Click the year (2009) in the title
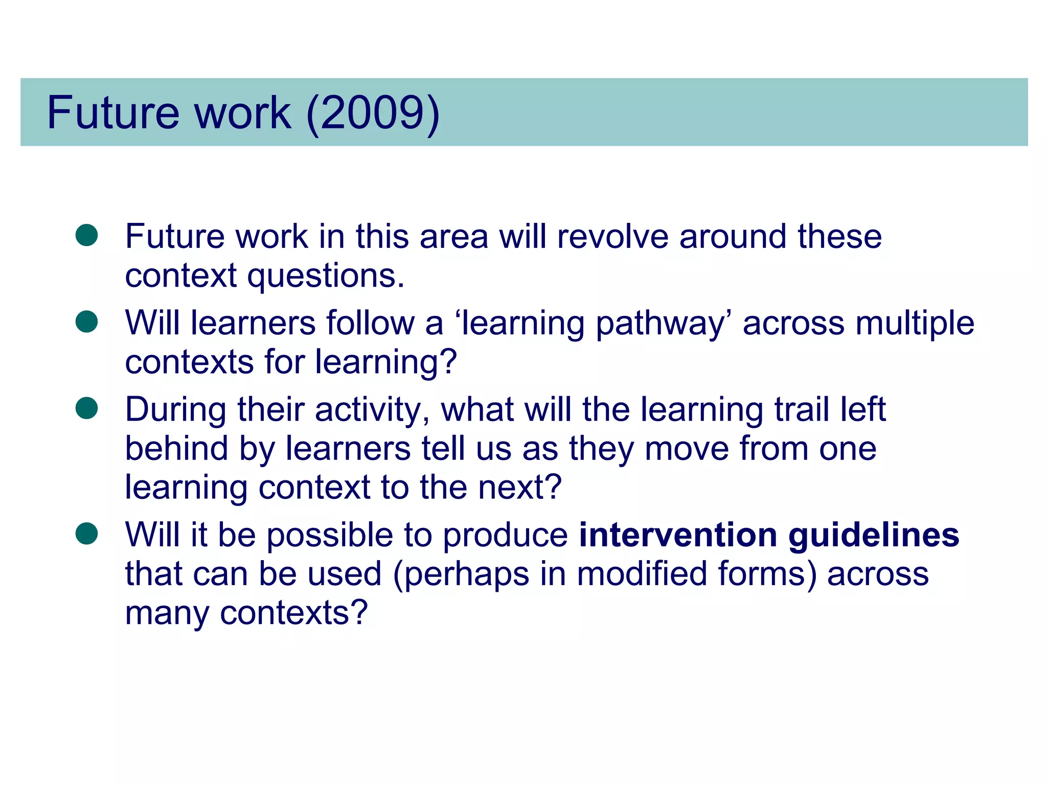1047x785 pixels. coord(373,113)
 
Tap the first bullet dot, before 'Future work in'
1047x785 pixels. coord(86,235)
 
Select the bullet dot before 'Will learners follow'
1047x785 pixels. coord(86,322)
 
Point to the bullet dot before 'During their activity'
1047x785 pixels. coord(86,408)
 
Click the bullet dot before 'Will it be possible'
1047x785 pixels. coord(86,534)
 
